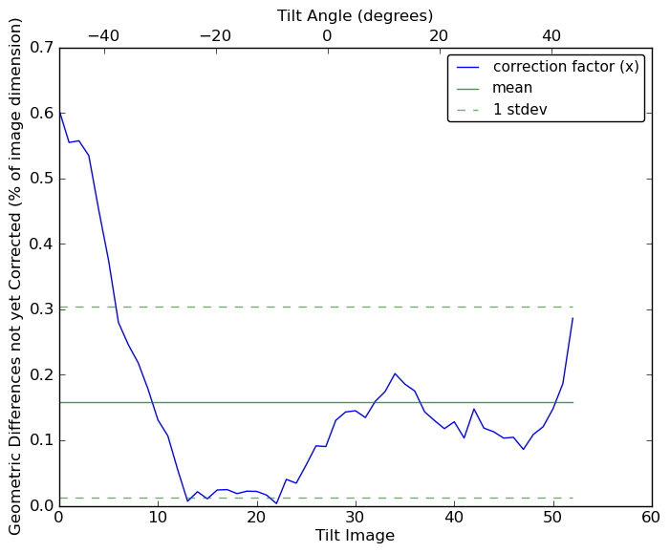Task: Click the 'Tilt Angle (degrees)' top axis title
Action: tap(355, 15)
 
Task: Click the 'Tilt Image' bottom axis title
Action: tap(355, 536)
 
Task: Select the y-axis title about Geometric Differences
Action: tap(15, 276)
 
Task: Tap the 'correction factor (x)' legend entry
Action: tap(566, 67)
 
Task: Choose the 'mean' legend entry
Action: tap(512, 88)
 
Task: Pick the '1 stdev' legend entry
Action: tap(520, 110)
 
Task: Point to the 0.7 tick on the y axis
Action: tap(39, 48)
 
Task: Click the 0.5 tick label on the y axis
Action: tap(39, 179)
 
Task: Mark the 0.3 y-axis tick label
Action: tap(39, 309)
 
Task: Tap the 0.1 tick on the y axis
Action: tap(39, 440)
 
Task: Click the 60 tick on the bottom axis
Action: tap(652, 517)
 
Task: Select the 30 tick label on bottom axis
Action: tap(356, 517)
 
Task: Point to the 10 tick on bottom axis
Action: tap(158, 517)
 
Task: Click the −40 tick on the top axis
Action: tap(103, 36)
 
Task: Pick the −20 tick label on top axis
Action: tap(215, 36)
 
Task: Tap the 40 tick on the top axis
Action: tap(551, 36)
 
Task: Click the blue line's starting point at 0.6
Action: tap(59, 113)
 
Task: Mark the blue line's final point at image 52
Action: tap(573, 318)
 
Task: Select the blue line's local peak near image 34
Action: tap(395, 373)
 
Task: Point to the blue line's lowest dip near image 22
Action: tap(276, 503)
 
